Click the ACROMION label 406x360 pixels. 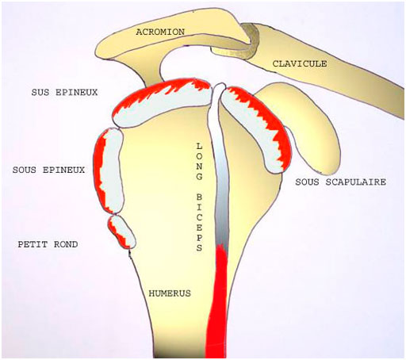[x=160, y=32]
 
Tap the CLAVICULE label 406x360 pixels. [x=300, y=63]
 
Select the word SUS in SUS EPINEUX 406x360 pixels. [x=40, y=92]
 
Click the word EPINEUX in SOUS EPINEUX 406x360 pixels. [x=63, y=170]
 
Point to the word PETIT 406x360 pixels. [x=33, y=244]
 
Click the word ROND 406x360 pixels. [x=66, y=244]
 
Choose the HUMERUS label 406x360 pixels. [x=170, y=293]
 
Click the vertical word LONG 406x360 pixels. [x=199, y=162]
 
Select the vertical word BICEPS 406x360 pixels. [x=199, y=222]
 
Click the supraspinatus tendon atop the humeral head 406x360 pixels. [x=162, y=104]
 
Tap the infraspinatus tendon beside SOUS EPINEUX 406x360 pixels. [x=109, y=171]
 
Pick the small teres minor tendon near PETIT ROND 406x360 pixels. [x=121, y=232]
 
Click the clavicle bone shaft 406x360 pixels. [x=331, y=70]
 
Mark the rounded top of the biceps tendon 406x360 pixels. [x=219, y=87]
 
